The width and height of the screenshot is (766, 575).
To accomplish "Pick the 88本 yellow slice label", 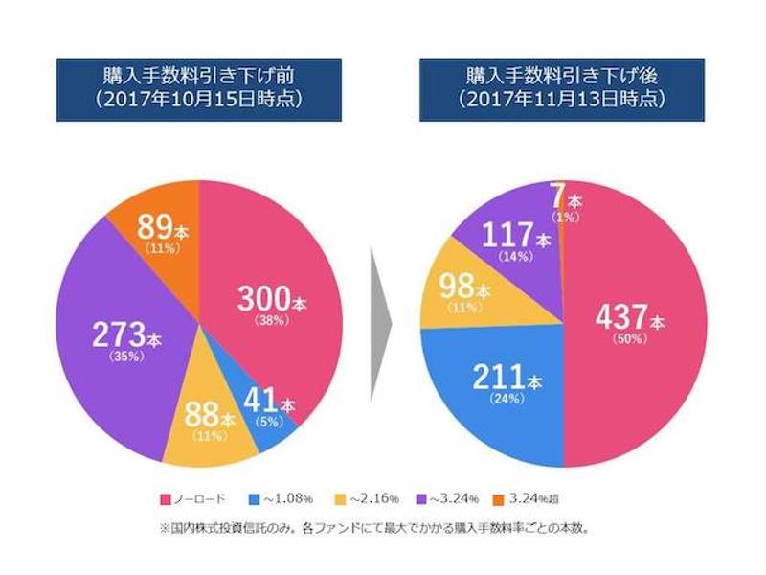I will (x=207, y=418).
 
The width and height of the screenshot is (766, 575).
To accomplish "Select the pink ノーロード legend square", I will (x=165, y=499).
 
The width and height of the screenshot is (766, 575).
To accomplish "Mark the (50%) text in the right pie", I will (x=629, y=338).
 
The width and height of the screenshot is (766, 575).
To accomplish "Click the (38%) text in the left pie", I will (x=271, y=321).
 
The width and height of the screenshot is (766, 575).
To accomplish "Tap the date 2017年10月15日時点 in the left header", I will (x=199, y=99).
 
